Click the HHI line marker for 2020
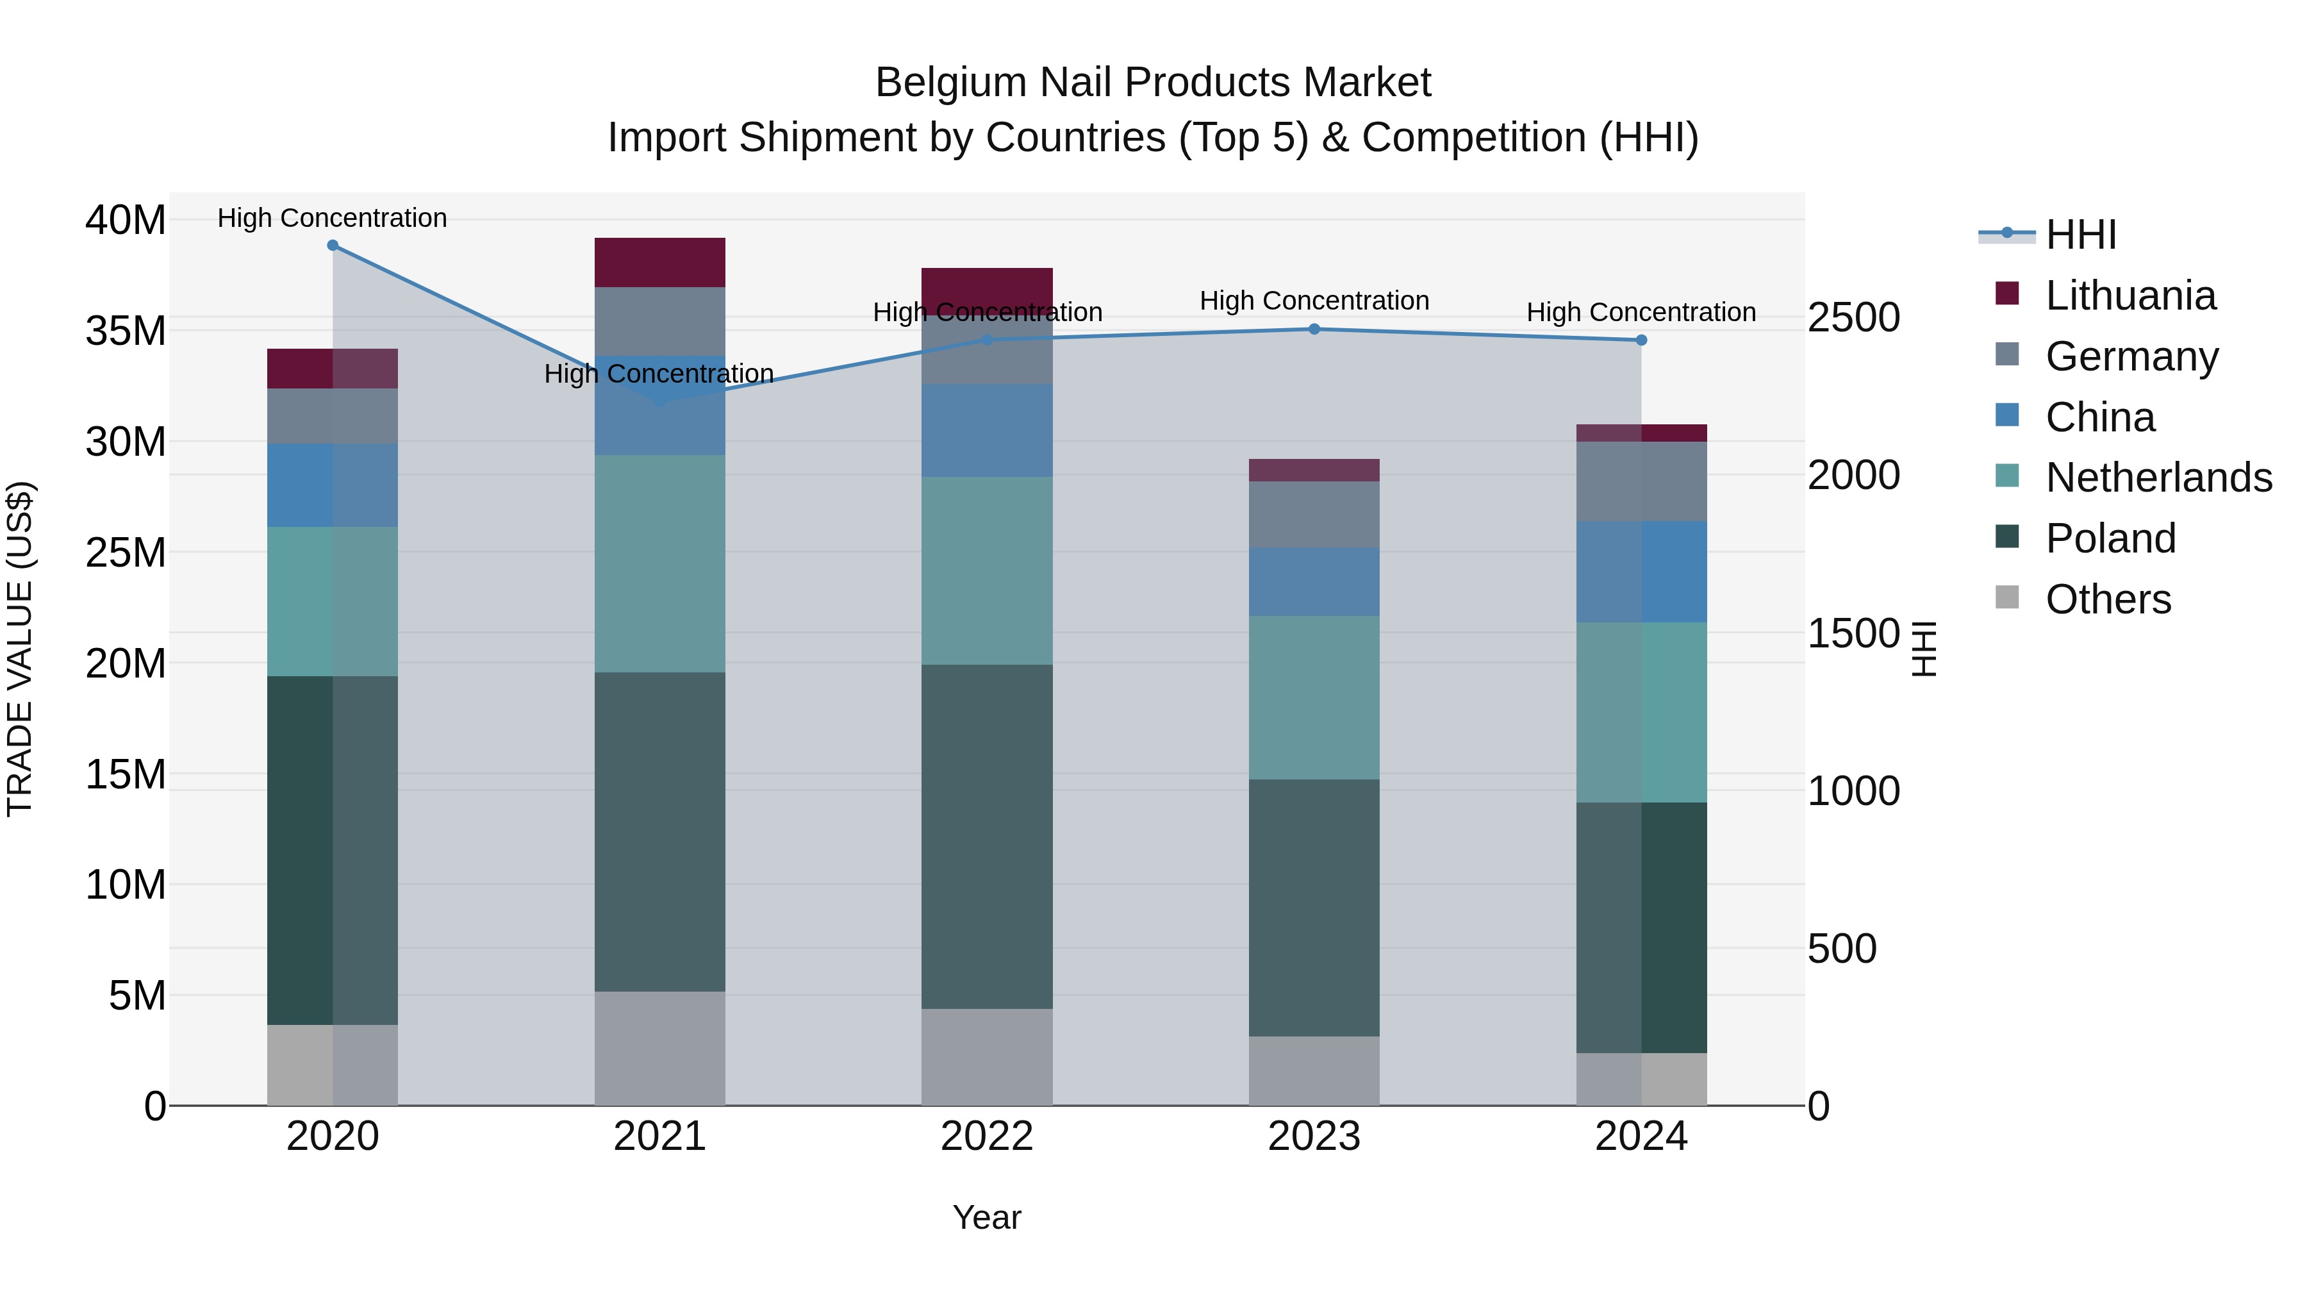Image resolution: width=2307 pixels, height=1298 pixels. [x=332, y=245]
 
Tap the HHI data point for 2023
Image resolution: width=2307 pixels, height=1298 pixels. [x=1314, y=329]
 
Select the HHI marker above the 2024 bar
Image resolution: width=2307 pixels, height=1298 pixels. [x=1641, y=340]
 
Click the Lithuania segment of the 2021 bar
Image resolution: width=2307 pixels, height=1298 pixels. [x=659, y=262]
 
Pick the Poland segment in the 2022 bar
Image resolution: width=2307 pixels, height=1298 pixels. [x=987, y=836]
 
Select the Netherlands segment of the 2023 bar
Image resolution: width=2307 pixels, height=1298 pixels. [x=1314, y=698]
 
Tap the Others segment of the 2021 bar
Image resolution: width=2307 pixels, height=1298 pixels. [x=659, y=1048]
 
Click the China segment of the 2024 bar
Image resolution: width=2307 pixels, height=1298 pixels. [x=1641, y=572]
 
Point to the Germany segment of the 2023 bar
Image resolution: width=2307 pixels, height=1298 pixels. [x=1314, y=514]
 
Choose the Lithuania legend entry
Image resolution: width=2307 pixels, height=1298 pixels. [x=2129, y=295]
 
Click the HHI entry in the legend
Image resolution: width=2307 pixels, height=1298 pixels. [x=2080, y=235]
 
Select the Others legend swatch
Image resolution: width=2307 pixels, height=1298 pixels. [x=2007, y=597]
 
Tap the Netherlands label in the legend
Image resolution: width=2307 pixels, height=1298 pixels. [x=2158, y=478]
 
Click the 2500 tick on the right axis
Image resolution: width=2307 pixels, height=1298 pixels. [x=1853, y=318]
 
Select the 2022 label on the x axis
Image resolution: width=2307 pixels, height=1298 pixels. [x=987, y=1136]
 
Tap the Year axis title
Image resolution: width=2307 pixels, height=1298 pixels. [x=986, y=1217]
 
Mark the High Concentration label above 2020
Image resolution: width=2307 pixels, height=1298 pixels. [x=332, y=218]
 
